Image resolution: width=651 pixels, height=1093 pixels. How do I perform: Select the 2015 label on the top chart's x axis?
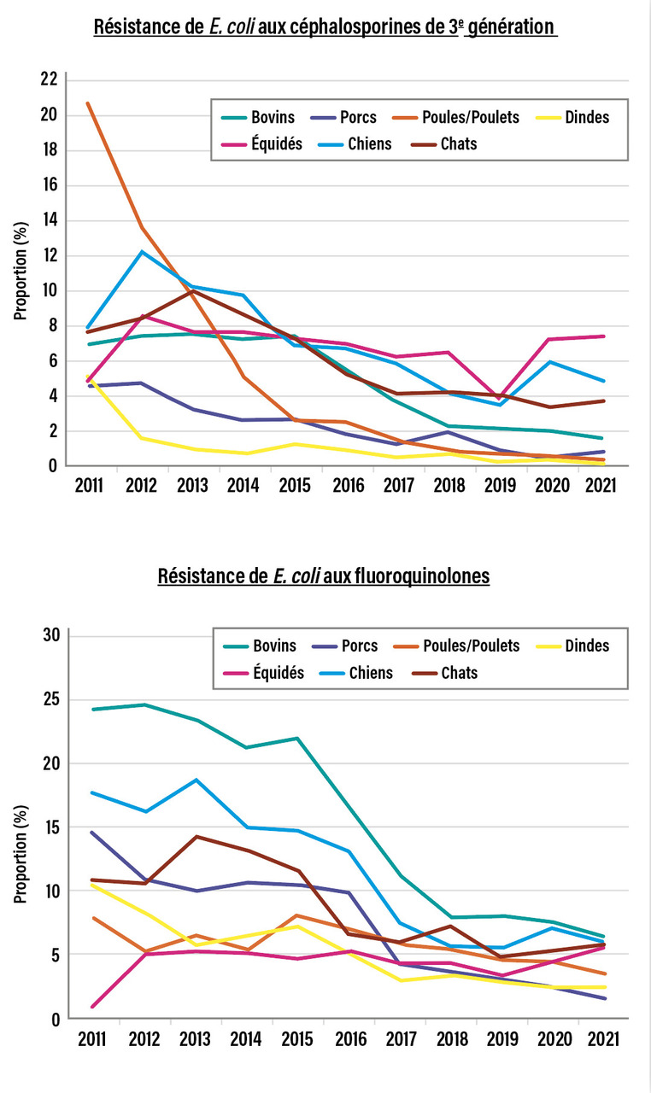[296, 487]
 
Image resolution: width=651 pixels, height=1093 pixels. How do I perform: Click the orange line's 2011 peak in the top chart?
[88, 103]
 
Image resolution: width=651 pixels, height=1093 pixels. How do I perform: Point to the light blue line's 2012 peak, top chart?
[142, 252]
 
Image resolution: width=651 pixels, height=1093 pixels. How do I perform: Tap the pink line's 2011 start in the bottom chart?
[91, 1006]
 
